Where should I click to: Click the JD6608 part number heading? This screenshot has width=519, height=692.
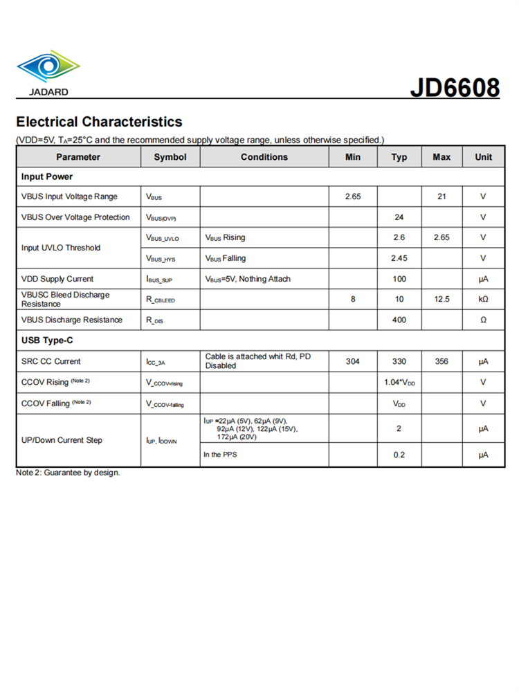tap(455, 88)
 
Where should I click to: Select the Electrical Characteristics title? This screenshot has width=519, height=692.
tap(99, 122)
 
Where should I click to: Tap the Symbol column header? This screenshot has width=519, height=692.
tap(170, 157)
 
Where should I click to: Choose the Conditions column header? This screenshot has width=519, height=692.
tap(264, 157)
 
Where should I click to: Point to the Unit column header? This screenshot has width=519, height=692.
tap(483, 157)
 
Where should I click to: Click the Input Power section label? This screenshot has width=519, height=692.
tap(47, 176)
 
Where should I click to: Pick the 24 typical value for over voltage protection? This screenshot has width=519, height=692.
tap(399, 217)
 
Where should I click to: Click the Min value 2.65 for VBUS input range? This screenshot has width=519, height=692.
tap(353, 197)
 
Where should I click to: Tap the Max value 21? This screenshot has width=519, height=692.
tap(441, 197)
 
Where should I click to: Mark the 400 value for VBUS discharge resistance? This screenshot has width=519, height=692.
tap(399, 320)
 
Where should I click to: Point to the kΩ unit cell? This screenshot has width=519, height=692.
tap(483, 299)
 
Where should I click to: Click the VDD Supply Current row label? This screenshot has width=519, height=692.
tap(57, 279)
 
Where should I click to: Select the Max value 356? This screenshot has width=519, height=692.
tap(441, 361)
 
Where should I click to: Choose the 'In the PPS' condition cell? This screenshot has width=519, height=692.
tap(222, 455)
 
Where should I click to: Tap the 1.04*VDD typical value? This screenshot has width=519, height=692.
tap(399, 382)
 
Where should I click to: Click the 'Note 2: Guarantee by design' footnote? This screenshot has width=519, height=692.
tap(68, 473)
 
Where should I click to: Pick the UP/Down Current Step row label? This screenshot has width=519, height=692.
tap(62, 440)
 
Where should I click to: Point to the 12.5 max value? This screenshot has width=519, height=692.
tap(441, 299)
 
